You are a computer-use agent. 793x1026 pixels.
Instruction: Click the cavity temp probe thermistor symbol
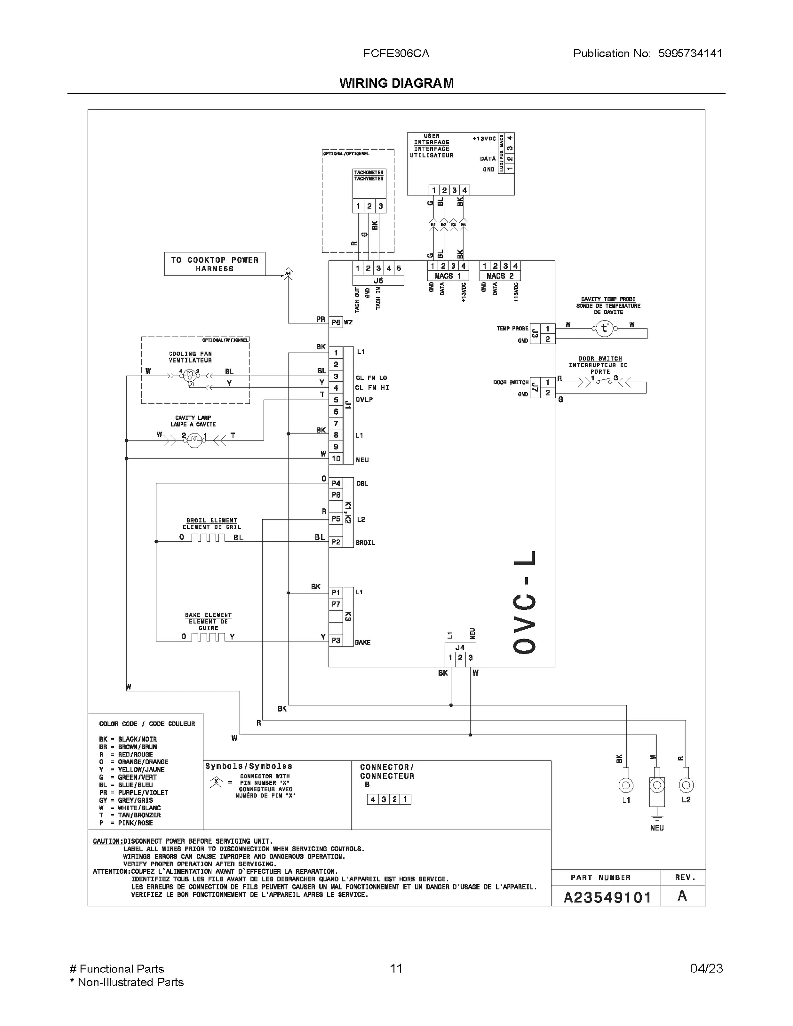pyautogui.click(x=604, y=328)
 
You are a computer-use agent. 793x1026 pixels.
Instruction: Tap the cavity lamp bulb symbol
pyautogui.click(x=194, y=439)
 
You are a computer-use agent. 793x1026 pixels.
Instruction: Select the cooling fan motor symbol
pyautogui.click(x=189, y=377)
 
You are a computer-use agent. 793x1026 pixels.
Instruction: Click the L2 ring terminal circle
pyautogui.click(x=686, y=785)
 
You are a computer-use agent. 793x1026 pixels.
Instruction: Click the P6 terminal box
pyautogui.click(x=336, y=323)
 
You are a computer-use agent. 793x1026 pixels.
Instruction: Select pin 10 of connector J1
pyautogui.click(x=336, y=458)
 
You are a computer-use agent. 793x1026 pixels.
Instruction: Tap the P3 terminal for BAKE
pyautogui.click(x=336, y=640)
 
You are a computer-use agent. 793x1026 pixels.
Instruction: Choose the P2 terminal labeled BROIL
pyautogui.click(x=336, y=542)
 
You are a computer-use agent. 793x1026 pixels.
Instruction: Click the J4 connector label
pyautogui.click(x=460, y=647)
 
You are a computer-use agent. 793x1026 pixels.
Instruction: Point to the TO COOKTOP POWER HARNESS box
pyautogui.click(x=215, y=264)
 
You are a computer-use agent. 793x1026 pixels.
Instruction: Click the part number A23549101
pyautogui.click(x=607, y=897)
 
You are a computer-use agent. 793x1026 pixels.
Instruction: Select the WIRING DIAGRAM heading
pyautogui.click(x=396, y=83)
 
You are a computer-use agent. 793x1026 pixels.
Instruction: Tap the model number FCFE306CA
pyautogui.click(x=396, y=54)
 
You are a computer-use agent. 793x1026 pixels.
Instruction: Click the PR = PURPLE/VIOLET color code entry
pyautogui.click(x=133, y=792)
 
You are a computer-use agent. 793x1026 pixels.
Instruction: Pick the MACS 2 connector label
pyautogui.click(x=500, y=276)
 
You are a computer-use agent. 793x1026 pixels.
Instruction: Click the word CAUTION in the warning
pyautogui.click(x=107, y=841)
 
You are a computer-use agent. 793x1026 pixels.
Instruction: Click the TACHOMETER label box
pyautogui.click(x=368, y=176)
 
